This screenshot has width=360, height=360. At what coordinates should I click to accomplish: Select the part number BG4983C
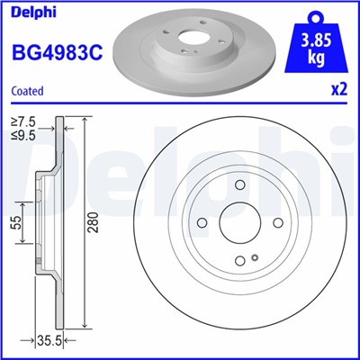pyautogui.click(x=55, y=52)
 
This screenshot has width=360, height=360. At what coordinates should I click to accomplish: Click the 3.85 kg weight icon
pyautogui.click(x=318, y=45)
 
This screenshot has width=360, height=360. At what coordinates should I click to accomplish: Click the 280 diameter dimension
pyautogui.click(x=93, y=222)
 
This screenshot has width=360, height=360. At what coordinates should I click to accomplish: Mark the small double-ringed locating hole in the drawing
pyautogui.click(x=256, y=261)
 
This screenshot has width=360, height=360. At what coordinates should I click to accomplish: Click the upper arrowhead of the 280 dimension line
pyautogui.click(x=85, y=120)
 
